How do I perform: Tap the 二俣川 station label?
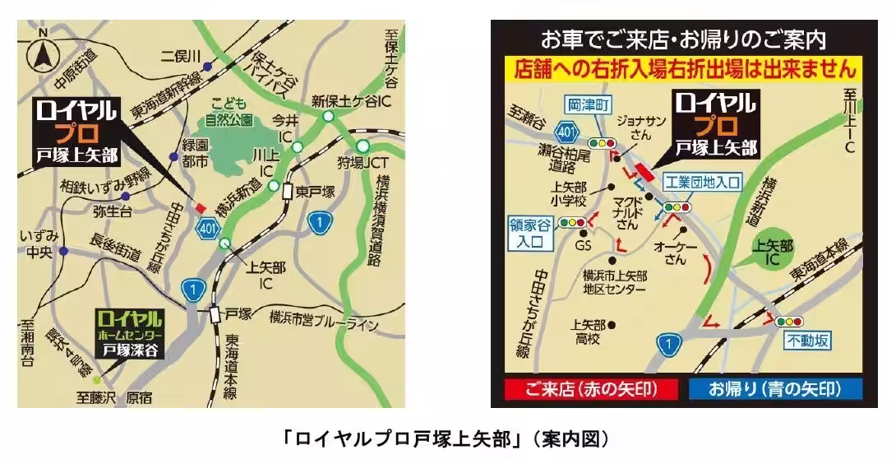tap(181, 56)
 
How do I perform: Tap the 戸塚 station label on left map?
tap(238, 313)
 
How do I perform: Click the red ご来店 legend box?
tap(589, 388)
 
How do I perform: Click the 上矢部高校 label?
tap(588, 330)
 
